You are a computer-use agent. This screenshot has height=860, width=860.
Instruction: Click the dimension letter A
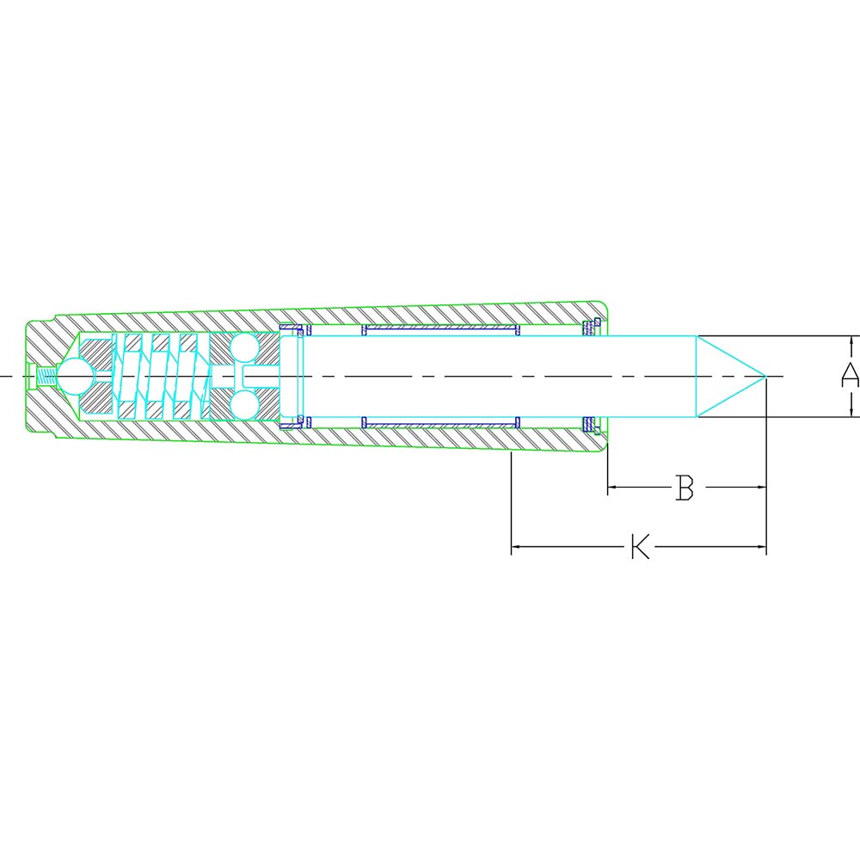click(x=849, y=376)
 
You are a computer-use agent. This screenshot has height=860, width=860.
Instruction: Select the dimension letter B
click(x=685, y=488)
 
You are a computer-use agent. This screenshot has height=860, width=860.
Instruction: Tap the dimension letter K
click(x=640, y=547)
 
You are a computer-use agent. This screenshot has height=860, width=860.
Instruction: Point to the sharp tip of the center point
click(x=765, y=376)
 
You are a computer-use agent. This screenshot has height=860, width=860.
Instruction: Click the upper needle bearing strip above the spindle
click(x=441, y=329)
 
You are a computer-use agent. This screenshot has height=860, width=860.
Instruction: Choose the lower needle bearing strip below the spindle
click(x=441, y=422)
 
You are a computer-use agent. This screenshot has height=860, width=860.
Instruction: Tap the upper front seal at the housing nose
click(x=590, y=327)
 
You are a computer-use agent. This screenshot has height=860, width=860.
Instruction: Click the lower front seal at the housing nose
click(x=590, y=424)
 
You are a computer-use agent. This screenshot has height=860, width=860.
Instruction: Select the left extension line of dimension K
click(x=512, y=503)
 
